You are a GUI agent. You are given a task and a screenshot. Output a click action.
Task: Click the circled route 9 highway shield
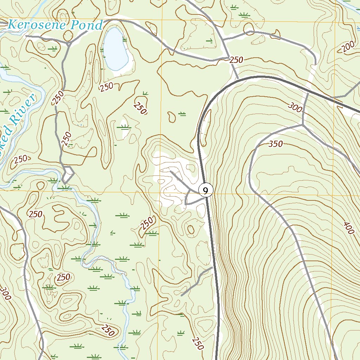point(206,190)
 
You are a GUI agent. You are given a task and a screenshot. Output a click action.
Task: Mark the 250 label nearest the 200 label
point(236,60)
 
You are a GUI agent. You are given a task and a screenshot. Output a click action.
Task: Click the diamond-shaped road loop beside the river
point(67,174)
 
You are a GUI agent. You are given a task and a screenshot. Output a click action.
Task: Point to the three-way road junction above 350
point(303,124)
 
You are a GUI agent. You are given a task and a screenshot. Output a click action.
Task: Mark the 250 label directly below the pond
point(106,86)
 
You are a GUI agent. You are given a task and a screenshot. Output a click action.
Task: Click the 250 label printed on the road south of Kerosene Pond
point(59,97)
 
